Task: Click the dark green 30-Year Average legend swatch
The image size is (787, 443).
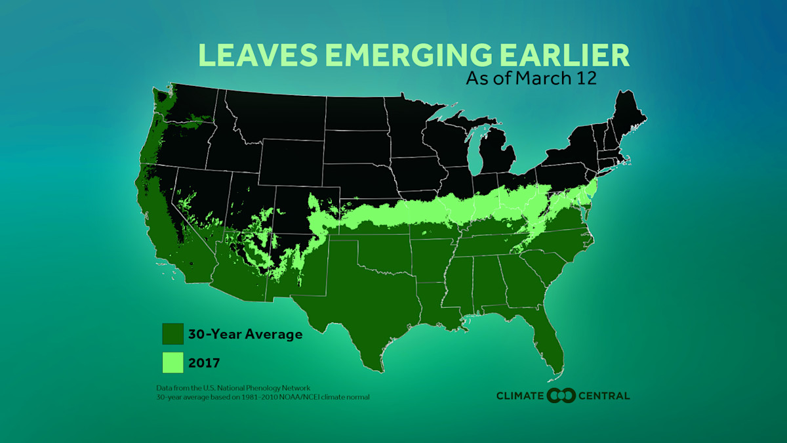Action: [172, 334]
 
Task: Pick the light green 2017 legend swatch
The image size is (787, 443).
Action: [172, 362]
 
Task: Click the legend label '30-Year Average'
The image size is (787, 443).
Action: [245, 334]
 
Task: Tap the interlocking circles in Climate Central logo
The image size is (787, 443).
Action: [561, 395]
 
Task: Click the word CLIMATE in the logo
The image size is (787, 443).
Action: [520, 396]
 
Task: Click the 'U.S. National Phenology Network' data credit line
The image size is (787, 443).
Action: [233, 389]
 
